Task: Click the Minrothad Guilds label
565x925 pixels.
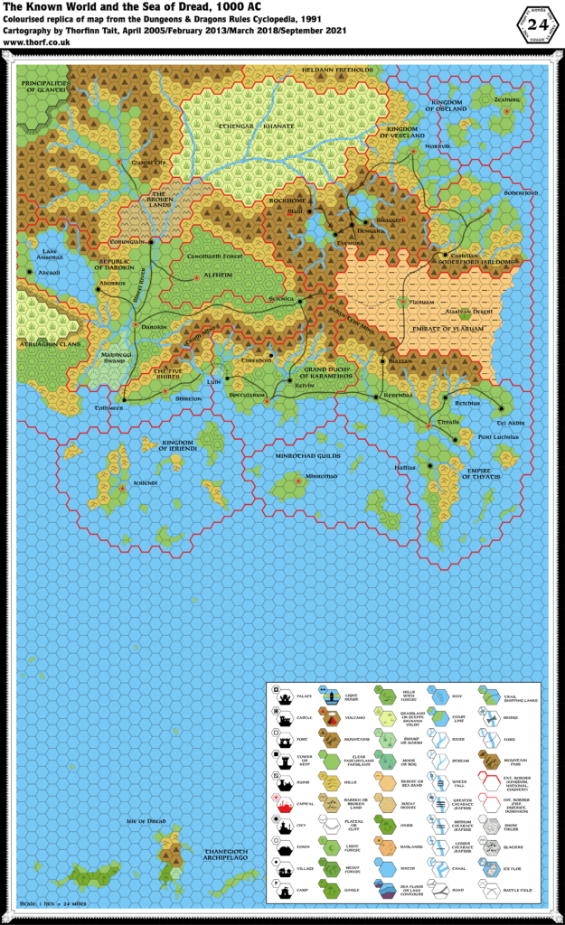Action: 307,456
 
